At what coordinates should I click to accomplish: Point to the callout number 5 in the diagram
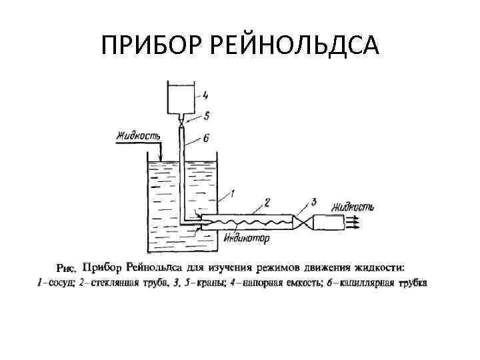[x=207, y=117]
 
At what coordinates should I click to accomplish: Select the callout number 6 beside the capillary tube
[x=205, y=137]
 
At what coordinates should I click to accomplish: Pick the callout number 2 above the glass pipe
[x=267, y=203]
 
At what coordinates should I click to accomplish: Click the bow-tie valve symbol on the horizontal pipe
[x=302, y=220]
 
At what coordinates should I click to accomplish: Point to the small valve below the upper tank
[x=181, y=123]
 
